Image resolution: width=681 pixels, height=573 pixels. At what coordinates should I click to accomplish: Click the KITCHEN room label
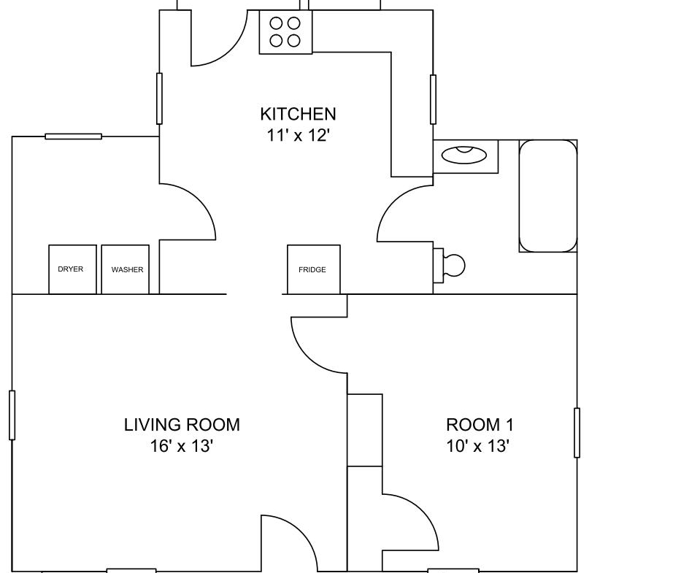(298, 115)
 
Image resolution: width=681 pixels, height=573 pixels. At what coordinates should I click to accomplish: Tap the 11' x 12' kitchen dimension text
(298, 136)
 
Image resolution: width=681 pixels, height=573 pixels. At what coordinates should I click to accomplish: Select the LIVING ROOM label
(182, 425)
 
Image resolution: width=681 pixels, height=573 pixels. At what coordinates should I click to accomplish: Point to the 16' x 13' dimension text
(182, 446)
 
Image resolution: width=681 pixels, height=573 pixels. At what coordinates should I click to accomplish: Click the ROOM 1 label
(480, 425)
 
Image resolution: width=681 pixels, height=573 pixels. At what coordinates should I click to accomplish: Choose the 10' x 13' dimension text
(478, 446)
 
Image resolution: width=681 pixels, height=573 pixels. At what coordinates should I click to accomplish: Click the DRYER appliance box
(72, 269)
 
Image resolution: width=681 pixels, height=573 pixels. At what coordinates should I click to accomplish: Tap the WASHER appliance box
(126, 269)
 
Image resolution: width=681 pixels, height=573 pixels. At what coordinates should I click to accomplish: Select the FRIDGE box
(314, 269)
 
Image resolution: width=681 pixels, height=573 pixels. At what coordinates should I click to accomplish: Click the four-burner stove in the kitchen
(286, 31)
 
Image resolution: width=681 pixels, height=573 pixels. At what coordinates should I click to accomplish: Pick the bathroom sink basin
(463, 155)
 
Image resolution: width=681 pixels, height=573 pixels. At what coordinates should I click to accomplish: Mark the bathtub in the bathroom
(548, 196)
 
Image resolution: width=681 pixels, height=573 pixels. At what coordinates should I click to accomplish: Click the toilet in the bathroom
(450, 265)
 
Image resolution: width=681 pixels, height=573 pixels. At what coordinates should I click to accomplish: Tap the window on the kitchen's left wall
(159, 99)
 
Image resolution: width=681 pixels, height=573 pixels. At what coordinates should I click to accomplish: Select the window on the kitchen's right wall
(433, 99)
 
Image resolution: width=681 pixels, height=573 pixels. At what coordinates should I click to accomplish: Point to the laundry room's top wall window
(74, 136)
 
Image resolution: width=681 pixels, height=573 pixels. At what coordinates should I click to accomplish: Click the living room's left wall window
(12, 415)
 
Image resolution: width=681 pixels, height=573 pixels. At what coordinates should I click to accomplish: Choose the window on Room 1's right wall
(577, 433)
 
